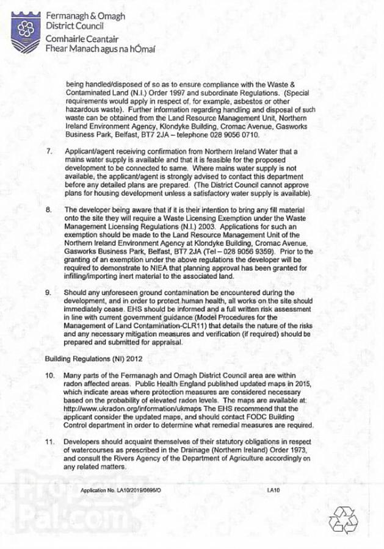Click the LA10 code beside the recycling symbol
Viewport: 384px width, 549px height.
click(273, 490)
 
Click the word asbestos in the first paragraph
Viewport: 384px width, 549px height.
click(226, 101)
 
